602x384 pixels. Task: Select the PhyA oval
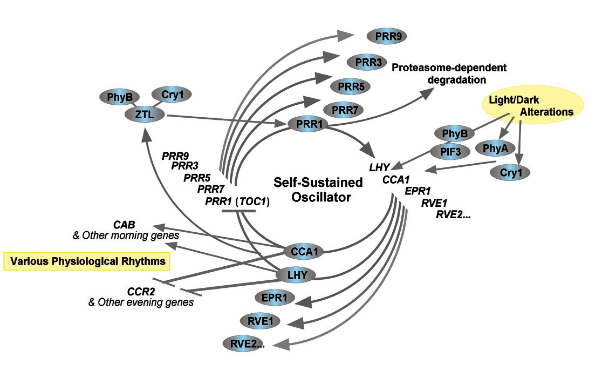496,147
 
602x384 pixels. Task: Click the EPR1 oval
275,298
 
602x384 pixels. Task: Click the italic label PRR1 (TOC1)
237,201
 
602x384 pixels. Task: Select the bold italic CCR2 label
138,292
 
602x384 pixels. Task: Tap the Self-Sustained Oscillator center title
318,190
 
